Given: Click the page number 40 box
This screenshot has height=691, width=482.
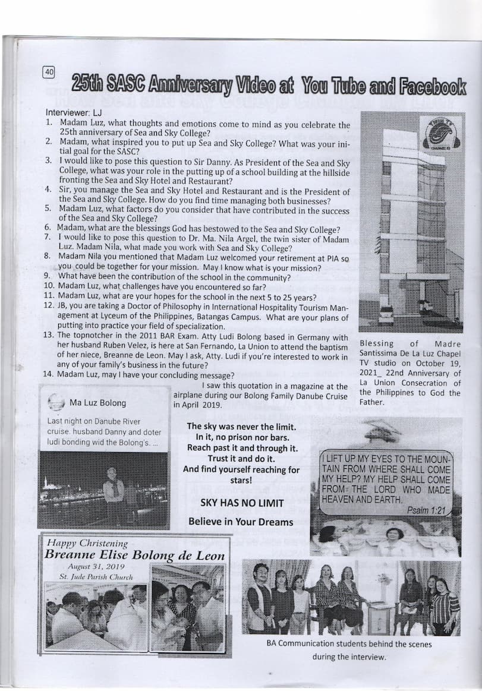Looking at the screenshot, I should click(x=49, y=72).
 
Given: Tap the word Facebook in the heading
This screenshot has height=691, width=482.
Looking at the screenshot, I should click(x=433, y=86).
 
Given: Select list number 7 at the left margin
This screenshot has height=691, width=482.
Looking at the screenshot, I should click(x=49, y=237).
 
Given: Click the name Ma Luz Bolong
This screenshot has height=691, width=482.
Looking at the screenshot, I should click(x=97, y=403).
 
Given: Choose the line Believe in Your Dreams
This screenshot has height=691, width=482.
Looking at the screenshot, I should click(x=240, y=522).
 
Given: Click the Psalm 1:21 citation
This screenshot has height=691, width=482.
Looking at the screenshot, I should click(x=426, y=510).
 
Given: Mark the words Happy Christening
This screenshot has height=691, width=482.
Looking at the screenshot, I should click(x=87, y=543).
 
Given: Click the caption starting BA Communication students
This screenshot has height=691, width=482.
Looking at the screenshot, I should click(x=349, y=644).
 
